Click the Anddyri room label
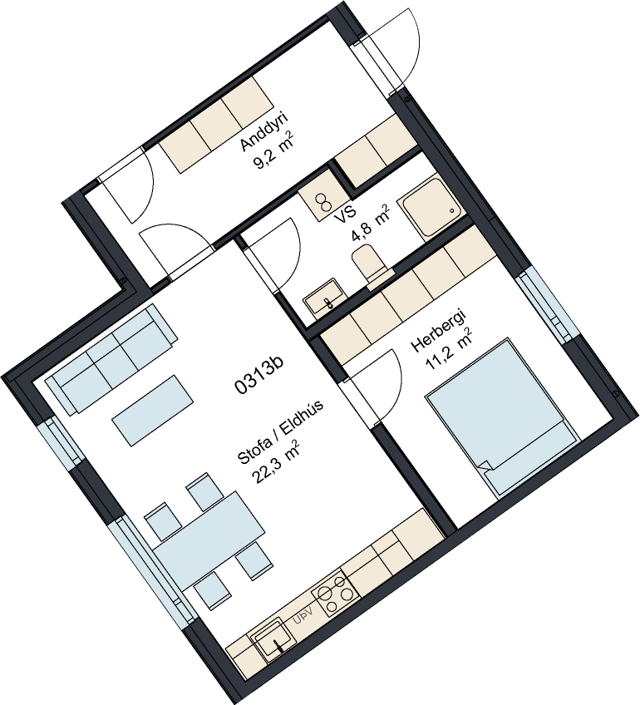coord(263,131)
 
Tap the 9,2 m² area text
coord(274,150)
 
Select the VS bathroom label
coord(345,214)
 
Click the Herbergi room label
coord(439,330)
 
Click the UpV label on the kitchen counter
coord(303,616)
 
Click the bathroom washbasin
coord(325,298)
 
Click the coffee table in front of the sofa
coord(152,411)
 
